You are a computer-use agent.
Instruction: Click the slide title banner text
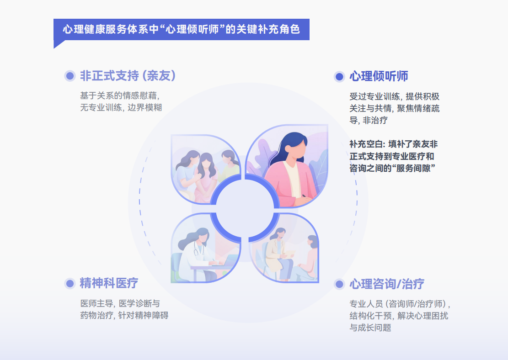coord(182,30)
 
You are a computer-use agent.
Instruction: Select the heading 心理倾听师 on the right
coord(379,76)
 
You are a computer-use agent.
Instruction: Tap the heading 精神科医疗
coord(109,283)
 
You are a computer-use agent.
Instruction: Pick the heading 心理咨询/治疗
coord(387,284)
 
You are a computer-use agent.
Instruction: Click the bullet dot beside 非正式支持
coord(70,76)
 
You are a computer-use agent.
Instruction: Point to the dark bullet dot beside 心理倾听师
coord(339,77)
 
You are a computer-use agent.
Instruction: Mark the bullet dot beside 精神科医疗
coord(70,284)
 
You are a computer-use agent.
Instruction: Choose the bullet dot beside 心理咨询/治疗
coord(339,284)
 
